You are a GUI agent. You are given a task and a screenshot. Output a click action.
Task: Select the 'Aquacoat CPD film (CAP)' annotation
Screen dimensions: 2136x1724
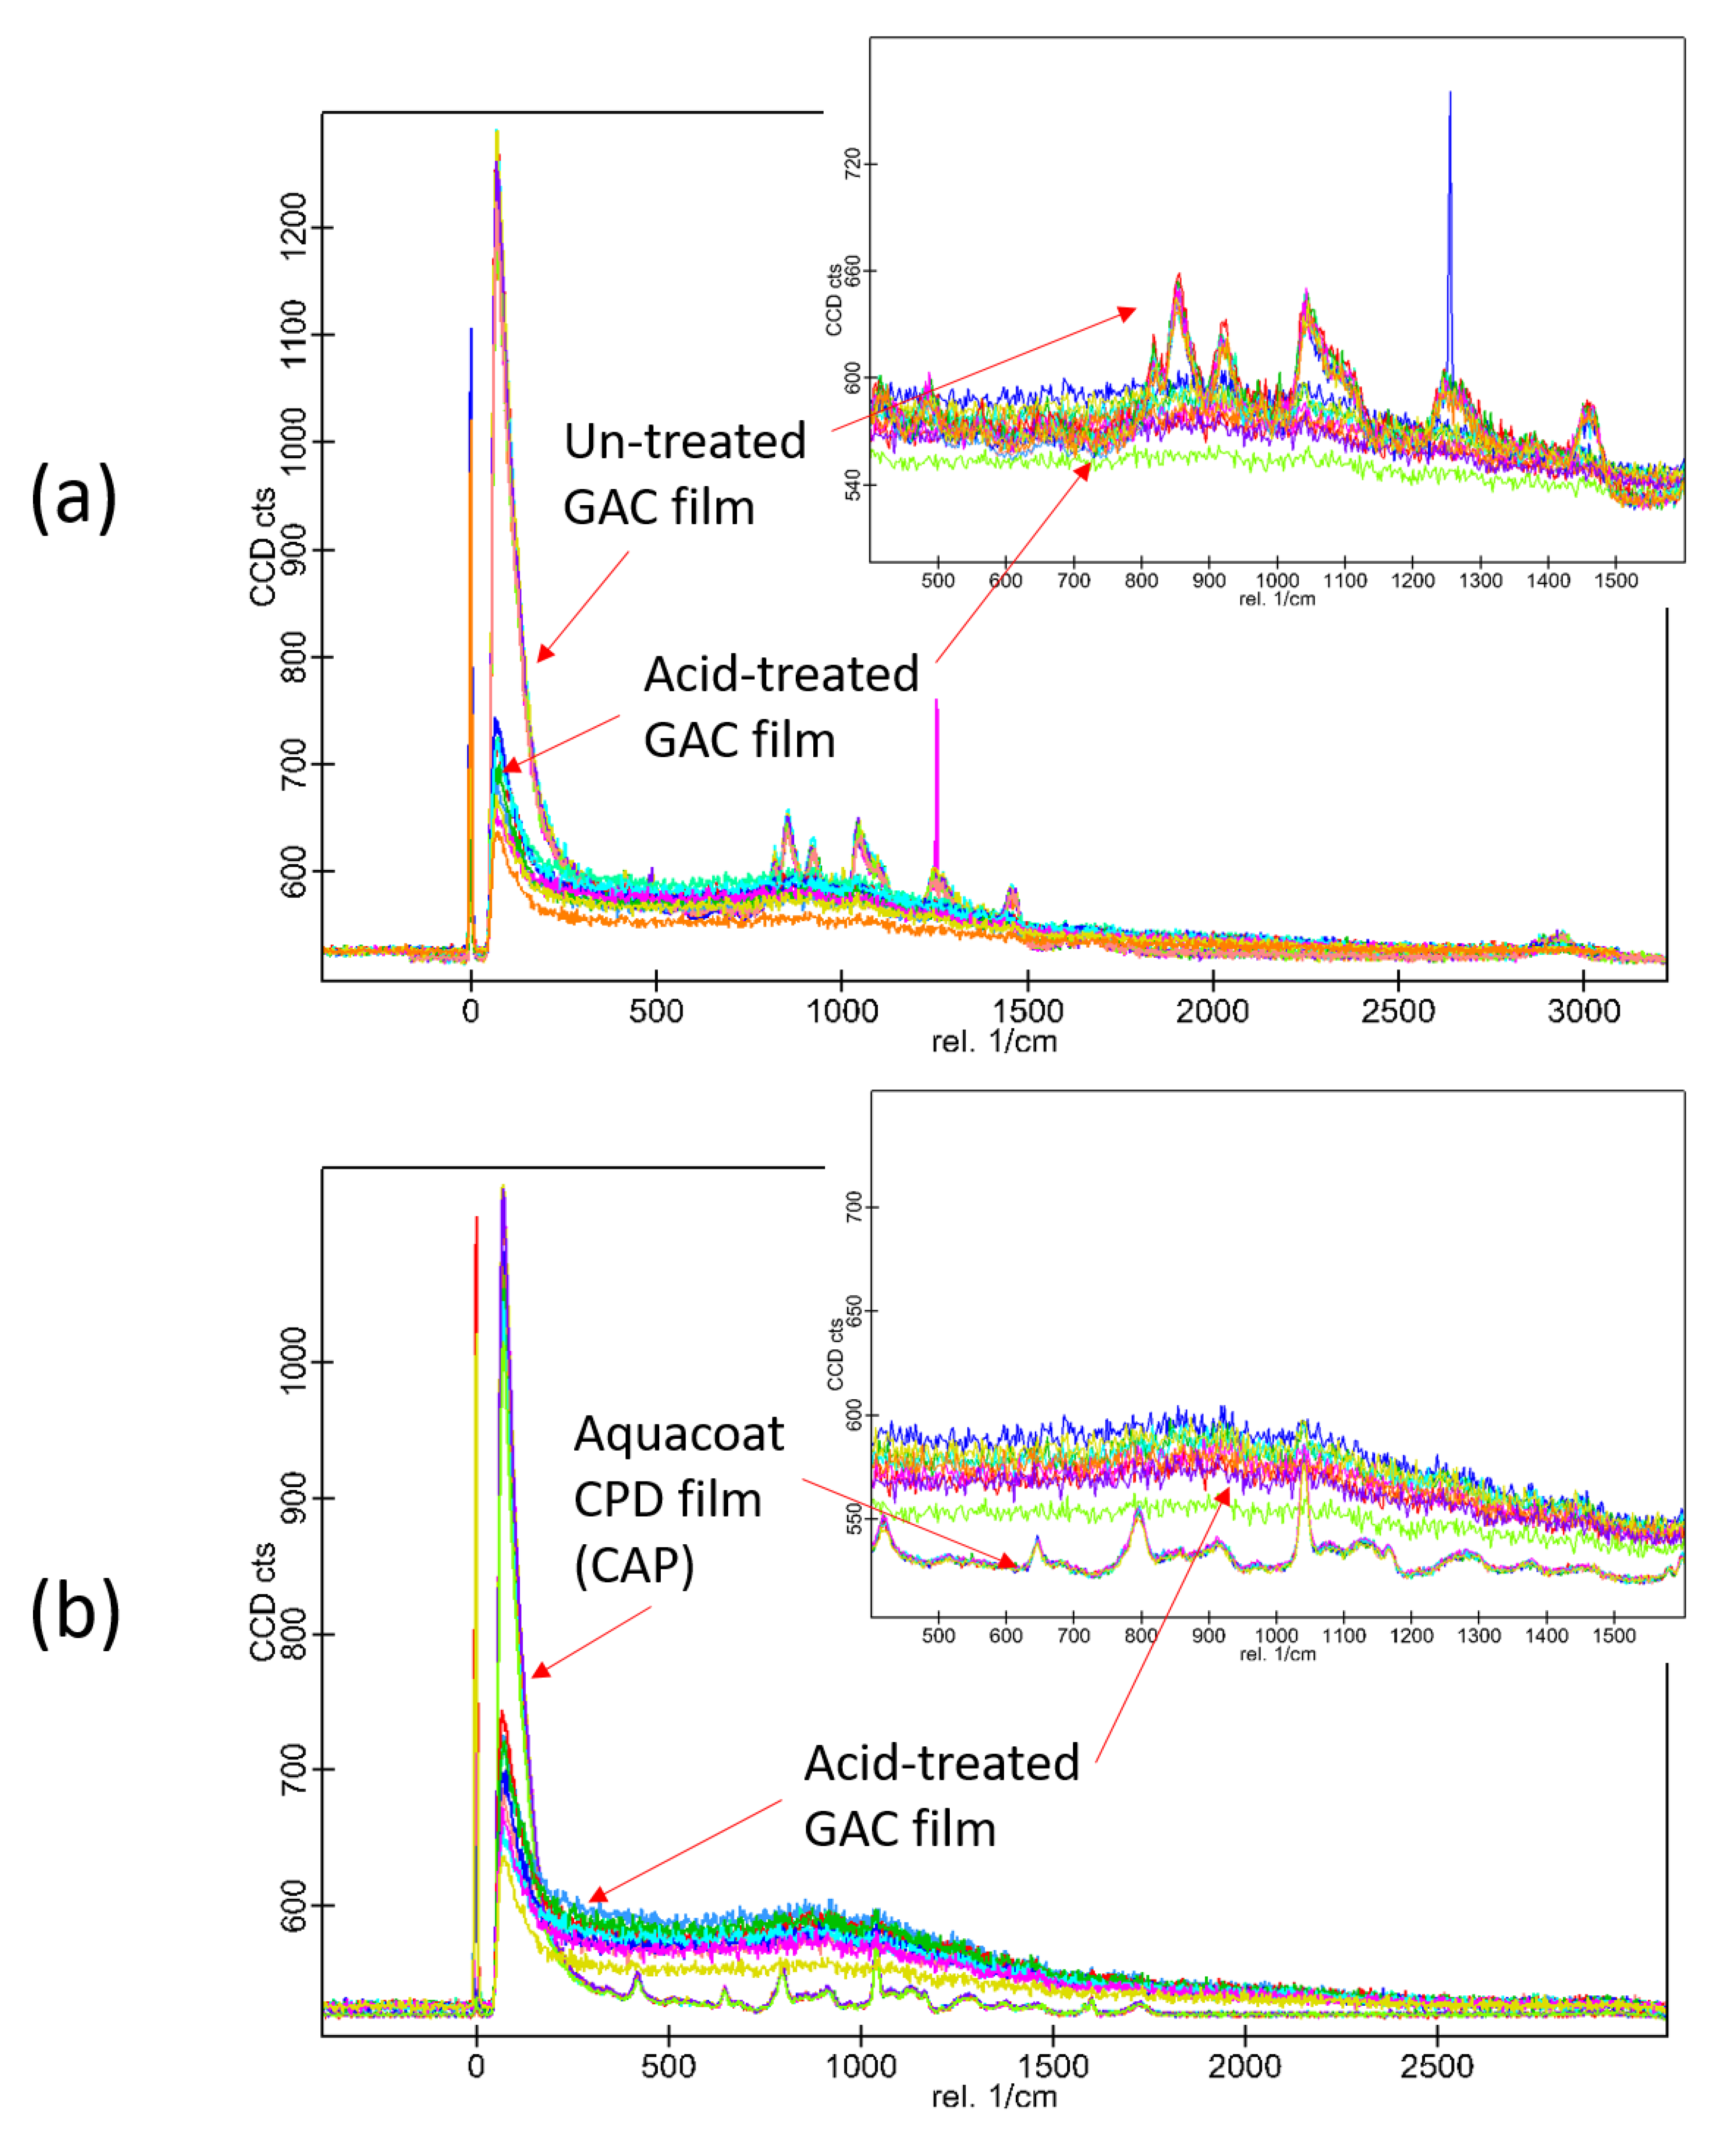[x=678, y=1500]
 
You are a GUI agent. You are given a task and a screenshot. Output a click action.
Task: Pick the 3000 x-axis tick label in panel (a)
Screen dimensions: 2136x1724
[x=1583, y=1011]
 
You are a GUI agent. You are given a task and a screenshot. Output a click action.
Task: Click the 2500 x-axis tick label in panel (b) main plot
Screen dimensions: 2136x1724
[x=1436, y=2067]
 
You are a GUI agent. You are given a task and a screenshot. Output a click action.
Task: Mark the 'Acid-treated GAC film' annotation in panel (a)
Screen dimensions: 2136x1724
[x=780, y=707]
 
